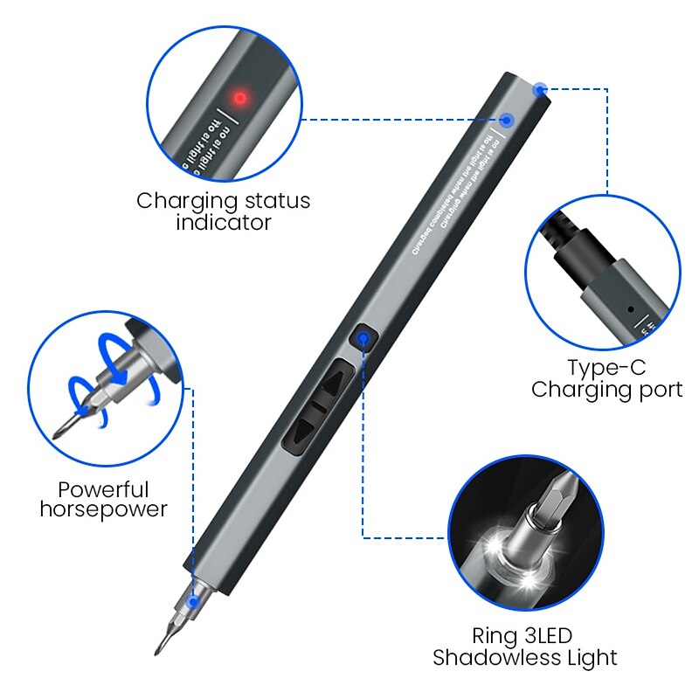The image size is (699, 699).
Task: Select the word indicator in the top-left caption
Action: (x=224, y=223)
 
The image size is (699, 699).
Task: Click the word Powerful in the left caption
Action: (x=104, y=489)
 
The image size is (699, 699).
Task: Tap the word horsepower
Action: (x=103, y=509)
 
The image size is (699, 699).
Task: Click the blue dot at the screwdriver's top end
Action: (x=541, y=88)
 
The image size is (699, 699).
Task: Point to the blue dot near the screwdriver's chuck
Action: (x=193, y=601)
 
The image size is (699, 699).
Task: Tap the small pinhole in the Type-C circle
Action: (x=629, y=308)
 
